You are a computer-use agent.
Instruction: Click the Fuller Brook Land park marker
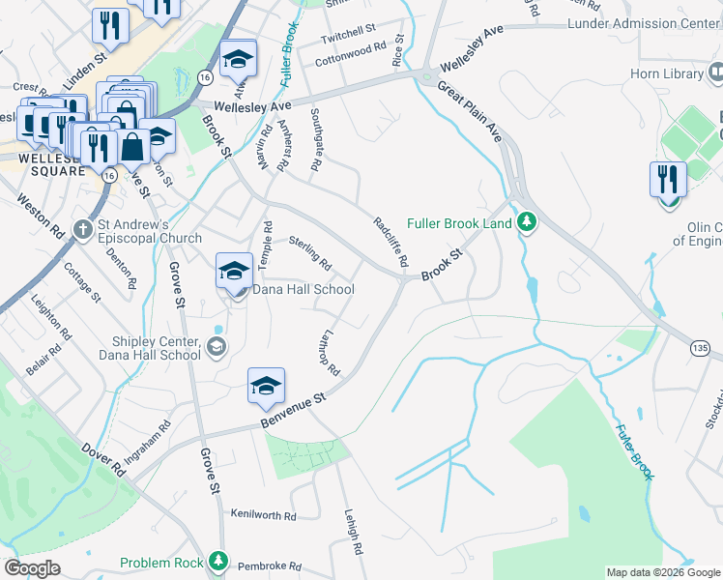point(526,223)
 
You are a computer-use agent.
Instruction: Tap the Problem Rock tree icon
point(219,562)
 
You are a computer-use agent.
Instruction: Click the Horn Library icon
point(715,72)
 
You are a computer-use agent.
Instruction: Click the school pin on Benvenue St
point(266,387)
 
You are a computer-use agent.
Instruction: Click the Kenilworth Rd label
point(263,514)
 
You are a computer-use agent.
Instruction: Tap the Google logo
point(32,568)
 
